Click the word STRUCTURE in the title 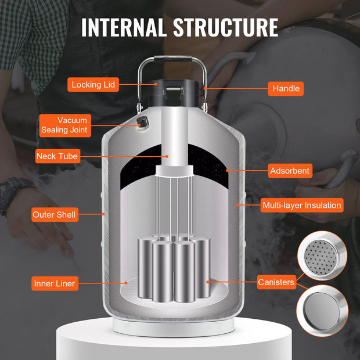(x=225, y=27)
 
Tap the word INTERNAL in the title (x=124, y=27)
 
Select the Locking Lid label (x=93, y=85)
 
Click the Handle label (x=286, y=89)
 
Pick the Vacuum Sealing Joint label (x=65, y=125)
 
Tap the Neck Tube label (x=57, y=156)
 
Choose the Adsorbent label (x=290, y=171)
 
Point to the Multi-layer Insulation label (x=302, y=205)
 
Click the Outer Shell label (x=55, y=215)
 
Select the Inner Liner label (x=55, y=283)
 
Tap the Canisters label (x=276, y=282)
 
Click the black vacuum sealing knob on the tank (x=143, y=122)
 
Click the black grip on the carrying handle (x=173, y=59)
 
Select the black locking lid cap (x=174, y=93)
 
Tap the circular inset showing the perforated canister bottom (x=322, y=255)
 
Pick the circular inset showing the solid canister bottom (x=322, y=311)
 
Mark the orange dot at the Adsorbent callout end (x=227, y=170)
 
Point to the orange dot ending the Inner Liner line (x=126, y=283)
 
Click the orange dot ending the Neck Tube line (x=167, y=156)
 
